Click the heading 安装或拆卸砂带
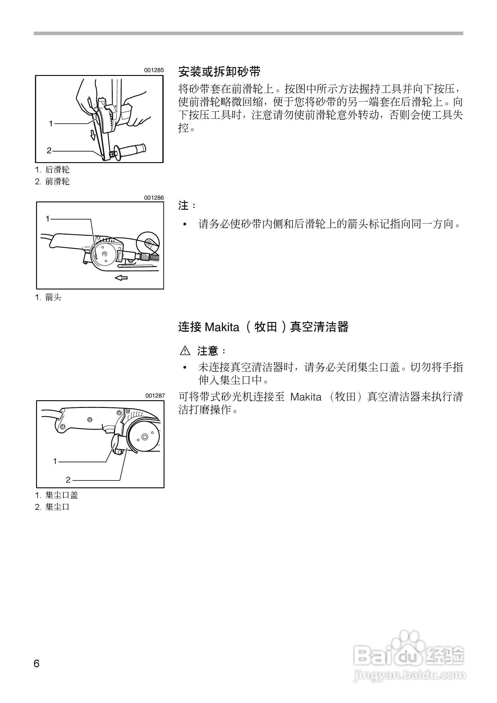(219, 72)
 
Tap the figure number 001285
(154, 70)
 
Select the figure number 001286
(154, 198)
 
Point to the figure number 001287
(155, 396)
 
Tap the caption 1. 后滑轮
(52, 170)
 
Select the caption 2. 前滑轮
(52, 182)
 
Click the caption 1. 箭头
(48, 297)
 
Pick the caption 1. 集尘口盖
(57, 495)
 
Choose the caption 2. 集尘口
(52, 507)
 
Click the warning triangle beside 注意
(185, 351)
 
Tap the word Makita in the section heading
(222, 327)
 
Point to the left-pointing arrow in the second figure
(121, 278)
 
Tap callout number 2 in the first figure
(49, 151)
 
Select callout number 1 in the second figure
(48, 219)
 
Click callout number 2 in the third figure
(68, 480)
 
